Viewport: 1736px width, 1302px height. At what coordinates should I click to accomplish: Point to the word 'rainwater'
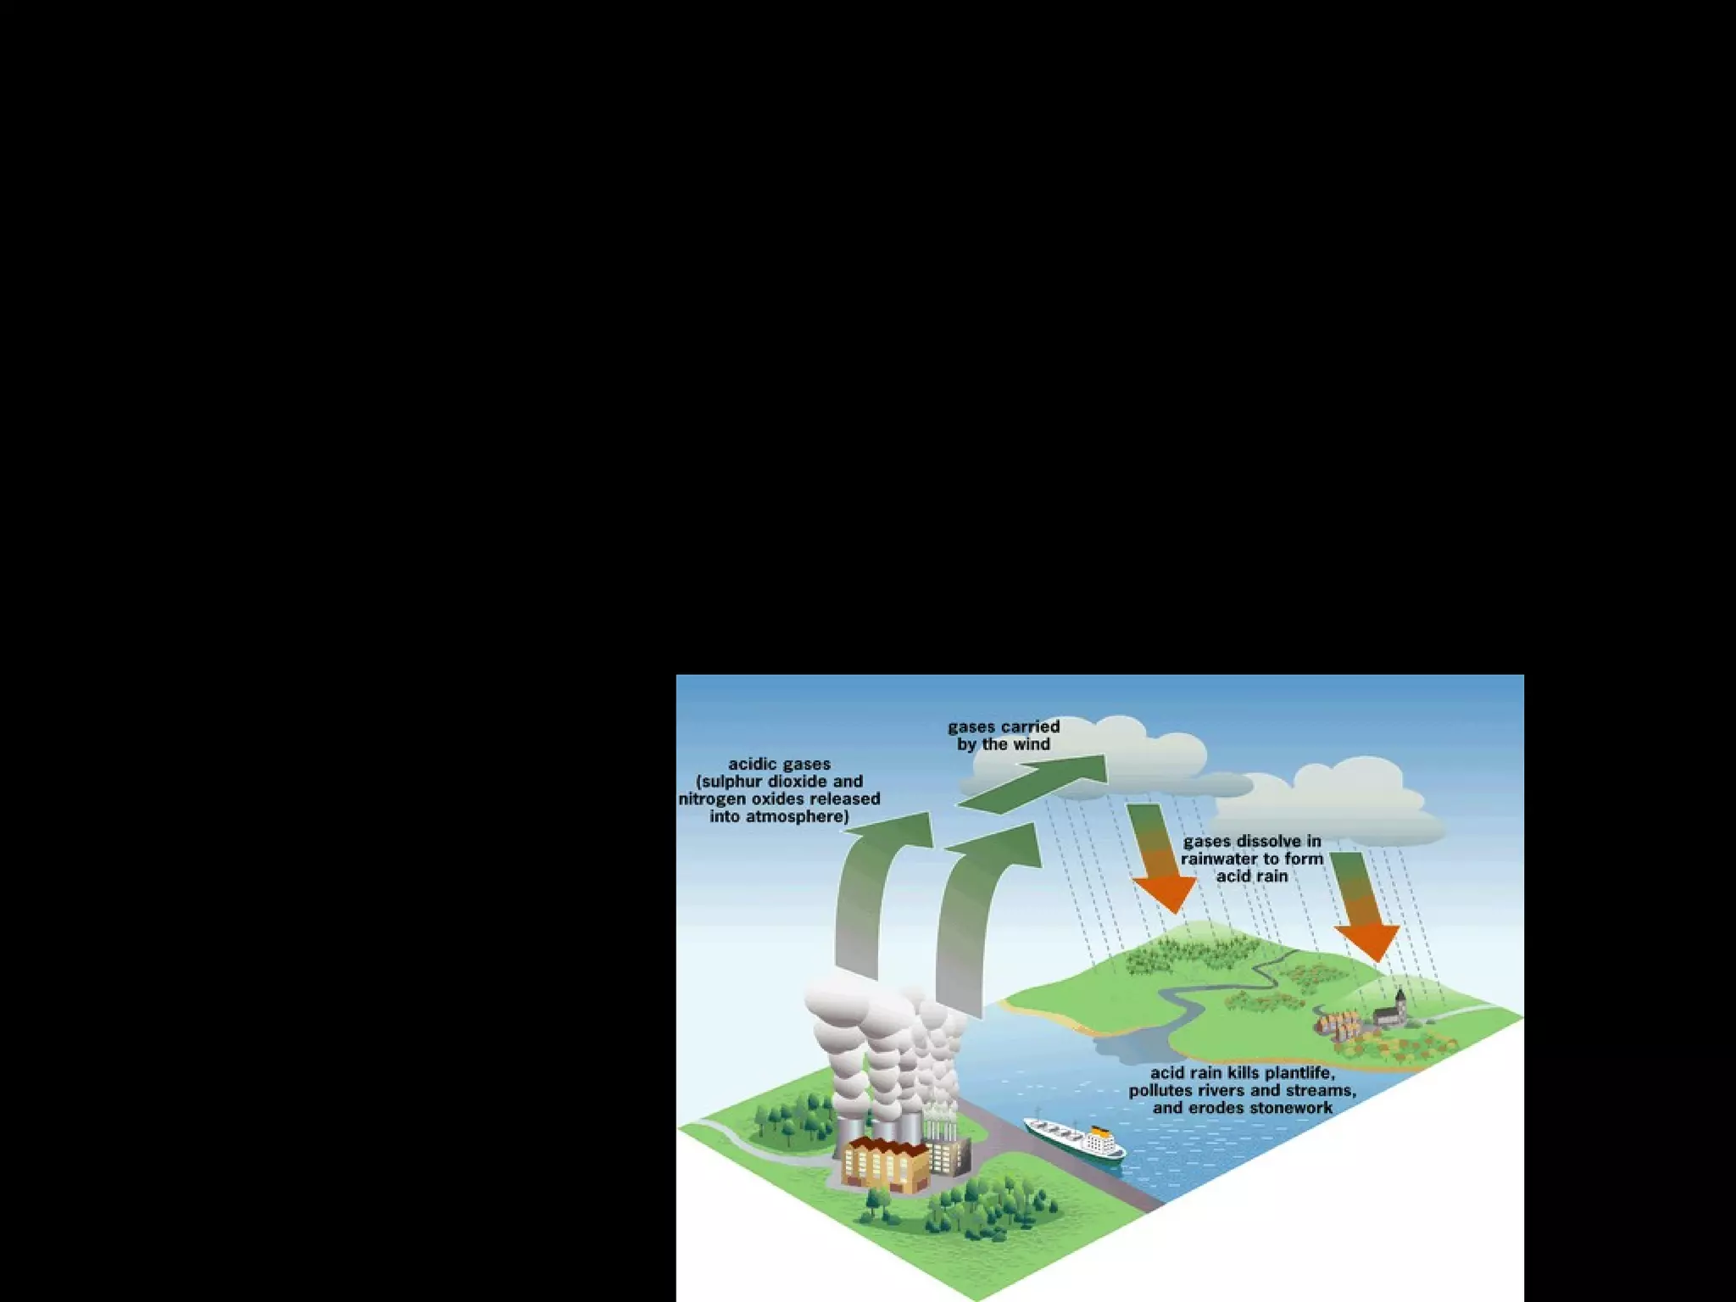1216,859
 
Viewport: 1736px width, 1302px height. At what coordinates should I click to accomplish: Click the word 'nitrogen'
713,799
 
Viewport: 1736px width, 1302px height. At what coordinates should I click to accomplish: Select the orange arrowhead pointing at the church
1366,942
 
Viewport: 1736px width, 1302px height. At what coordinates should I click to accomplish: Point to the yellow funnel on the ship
1099,1132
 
